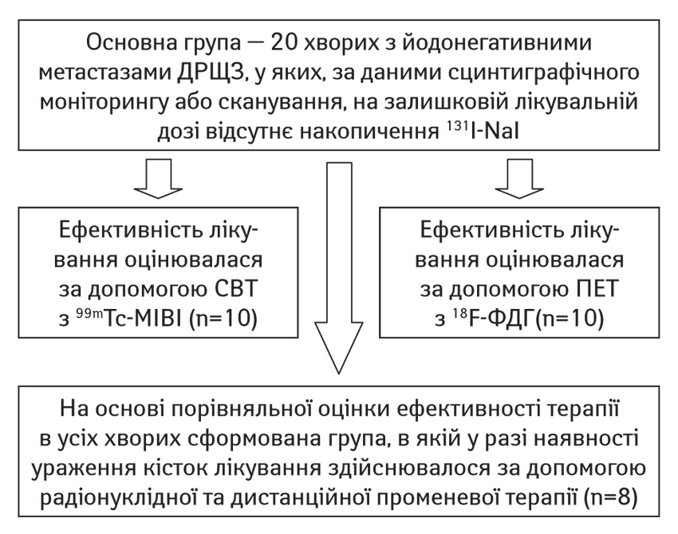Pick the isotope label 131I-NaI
point(483,130)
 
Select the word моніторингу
point(104,102)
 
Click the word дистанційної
point(295,498)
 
